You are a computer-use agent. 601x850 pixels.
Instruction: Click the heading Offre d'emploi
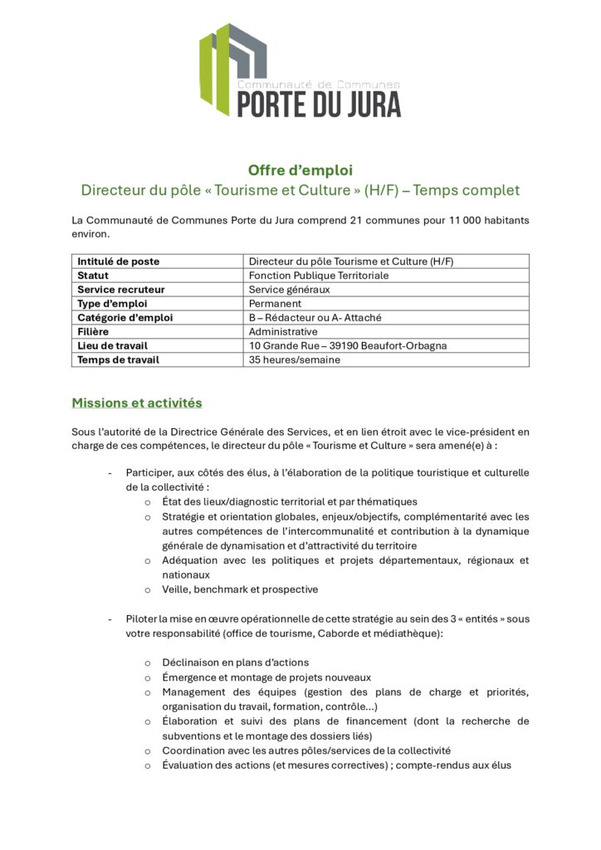pos(300,170)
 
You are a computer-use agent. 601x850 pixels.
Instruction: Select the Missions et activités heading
pos(137,403)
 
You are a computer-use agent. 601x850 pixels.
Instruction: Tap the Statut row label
pos(93,275)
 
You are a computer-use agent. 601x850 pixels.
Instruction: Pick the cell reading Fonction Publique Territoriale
pos(319,275)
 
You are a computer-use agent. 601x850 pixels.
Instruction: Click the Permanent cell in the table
pos(275,304)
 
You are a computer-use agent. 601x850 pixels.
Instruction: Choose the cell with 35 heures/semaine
pos(295,360)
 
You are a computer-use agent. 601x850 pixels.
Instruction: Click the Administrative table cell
pos(283,332)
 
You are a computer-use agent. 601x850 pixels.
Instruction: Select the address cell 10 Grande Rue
pos(349,346)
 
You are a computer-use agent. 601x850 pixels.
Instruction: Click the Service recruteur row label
pos(121,290)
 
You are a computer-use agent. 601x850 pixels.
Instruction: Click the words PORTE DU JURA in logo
pos(319,104)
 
